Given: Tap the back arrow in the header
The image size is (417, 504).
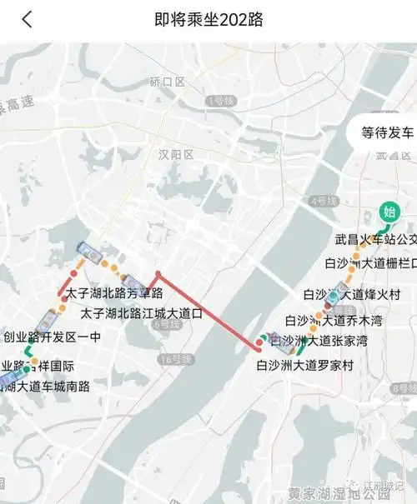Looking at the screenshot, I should pos(27,19).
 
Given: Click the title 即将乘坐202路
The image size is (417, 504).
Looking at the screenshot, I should pos(208,19).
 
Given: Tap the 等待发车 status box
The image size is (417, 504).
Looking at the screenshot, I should pos(387,132).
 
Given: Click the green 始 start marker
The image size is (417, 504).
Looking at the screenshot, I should pos(388,212).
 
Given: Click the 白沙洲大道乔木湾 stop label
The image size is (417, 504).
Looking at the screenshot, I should pos(333,320).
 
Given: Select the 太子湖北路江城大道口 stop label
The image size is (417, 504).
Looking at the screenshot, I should pos(142,314).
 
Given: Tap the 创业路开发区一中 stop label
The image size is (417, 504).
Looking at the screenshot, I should pos(52,337).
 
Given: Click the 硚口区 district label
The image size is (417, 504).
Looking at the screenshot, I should pos(167,82).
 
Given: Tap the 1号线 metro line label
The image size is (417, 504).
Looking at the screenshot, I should pos(221,101).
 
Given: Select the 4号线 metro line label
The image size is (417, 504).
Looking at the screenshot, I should pos(321,201).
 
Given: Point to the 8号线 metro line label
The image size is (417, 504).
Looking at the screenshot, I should pos(404,389).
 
